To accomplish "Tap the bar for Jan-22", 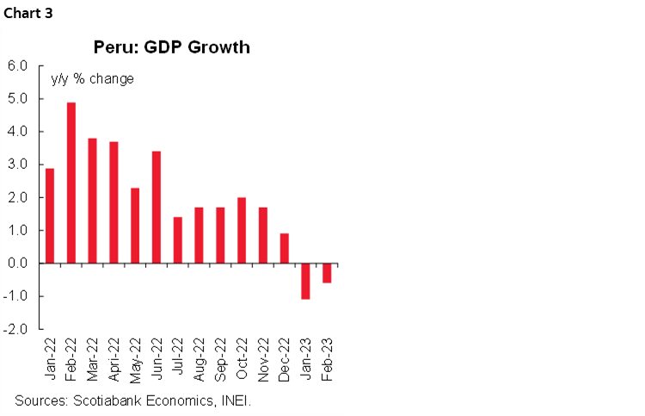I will (x=50, y=215).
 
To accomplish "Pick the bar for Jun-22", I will (x=157, y=207).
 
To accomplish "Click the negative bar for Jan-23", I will (x=305, y=281).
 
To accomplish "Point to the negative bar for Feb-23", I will (x=327, y=273).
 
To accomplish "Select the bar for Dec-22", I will (x=285, y=248).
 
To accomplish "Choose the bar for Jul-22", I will (x=178, y=240).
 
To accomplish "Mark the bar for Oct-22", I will (x=242, y=230).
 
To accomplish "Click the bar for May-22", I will (x=135, y=225).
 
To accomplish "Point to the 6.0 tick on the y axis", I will (x=18, y=65).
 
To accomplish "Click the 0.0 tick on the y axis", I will (x=18, y=264).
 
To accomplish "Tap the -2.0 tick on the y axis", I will (x=17, y=329).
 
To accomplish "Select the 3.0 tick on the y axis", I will (x=18, y=165).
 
